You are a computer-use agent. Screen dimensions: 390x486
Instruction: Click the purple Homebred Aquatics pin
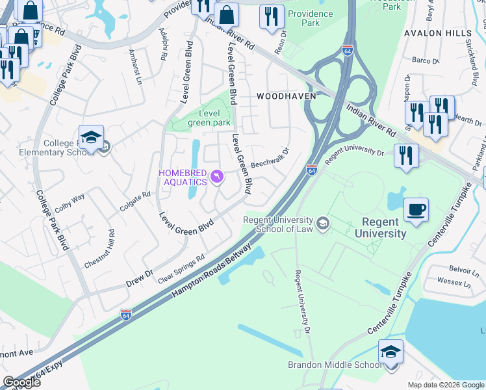click(x=217, y=176)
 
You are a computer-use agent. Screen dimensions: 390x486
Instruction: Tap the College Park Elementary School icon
click(x=92, y=139)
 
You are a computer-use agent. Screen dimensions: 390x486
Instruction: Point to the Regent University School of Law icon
click(x=323, y=224)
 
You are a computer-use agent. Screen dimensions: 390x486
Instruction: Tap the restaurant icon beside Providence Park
click(x=272, y=18)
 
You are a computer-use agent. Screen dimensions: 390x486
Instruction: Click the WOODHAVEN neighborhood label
click(x=286, y=96)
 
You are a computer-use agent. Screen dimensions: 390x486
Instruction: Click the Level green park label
click(x=209, y=118)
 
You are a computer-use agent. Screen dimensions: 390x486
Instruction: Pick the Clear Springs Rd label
click(x=181, y=268)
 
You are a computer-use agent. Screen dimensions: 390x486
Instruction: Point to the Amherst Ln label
click(x=135, y=66)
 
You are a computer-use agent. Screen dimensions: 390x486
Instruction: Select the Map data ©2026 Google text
click(x=446, y=385)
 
